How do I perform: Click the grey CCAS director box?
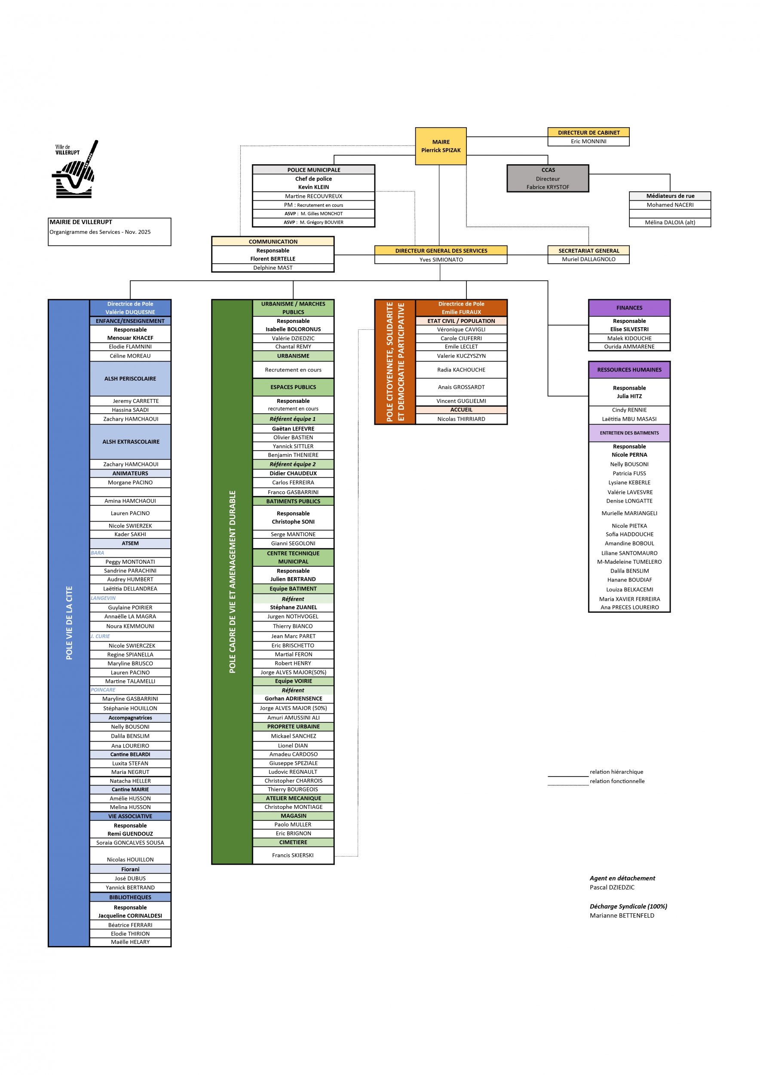click(548, 178)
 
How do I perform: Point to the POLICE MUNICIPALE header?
click(313, 170)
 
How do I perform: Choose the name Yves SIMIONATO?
click(441, 260)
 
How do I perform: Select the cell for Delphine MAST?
click(273, 268)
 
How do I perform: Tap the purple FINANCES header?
click(629, 308)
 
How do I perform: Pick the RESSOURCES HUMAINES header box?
click(629, 370)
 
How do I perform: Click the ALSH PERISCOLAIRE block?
click(130, 379)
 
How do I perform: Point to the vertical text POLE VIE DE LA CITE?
click(69, 623)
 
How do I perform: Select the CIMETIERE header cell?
click(294, 842)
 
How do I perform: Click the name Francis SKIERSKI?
click(293, 855)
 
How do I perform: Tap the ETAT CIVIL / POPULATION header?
click(461, 321)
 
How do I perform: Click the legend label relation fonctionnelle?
click(617, 781)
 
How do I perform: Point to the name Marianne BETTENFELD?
click(622, 915)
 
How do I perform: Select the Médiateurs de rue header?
click(670, 196)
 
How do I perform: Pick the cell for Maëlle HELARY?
click(130, 942)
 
